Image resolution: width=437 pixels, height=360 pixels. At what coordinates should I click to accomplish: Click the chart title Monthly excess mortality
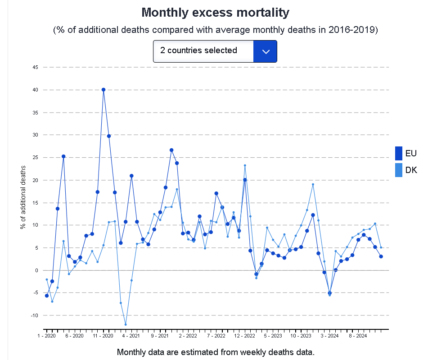click(215, 12)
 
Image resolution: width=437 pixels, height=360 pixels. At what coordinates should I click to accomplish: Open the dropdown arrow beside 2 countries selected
click(265, 51)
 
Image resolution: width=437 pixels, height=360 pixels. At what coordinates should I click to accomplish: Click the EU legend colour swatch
click(398, 153)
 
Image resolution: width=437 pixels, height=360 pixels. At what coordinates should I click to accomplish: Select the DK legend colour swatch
click(398, 170)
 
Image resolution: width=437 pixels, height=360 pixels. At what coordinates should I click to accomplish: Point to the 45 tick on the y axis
click(35, 68)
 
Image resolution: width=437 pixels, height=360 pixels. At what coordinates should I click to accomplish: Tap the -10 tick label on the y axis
click(34, 315)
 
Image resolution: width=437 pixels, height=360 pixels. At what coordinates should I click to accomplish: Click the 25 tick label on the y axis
click(35, 158)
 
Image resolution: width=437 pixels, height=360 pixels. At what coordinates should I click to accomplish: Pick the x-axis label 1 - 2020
click(46, 336)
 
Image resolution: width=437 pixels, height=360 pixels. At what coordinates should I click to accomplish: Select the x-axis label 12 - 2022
click(245, 336)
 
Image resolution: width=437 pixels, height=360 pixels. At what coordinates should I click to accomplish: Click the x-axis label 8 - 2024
click(358, 336)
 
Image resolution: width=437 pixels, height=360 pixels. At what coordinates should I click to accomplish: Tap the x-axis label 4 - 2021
click(131, 336)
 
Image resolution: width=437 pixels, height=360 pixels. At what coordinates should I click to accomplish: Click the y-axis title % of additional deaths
click(23, 197)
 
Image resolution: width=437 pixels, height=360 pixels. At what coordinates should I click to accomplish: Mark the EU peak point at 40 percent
click(104, 90)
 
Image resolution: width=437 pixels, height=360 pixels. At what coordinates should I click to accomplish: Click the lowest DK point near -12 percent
click(126, 324)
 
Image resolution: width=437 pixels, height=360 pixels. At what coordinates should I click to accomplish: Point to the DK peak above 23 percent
click(245, 165)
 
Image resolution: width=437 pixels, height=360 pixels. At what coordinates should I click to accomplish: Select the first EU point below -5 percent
click(46, 296)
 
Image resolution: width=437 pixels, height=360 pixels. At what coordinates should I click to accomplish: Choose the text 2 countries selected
click(198, 50)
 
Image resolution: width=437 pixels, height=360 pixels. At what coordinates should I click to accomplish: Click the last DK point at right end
click(381, 247)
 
